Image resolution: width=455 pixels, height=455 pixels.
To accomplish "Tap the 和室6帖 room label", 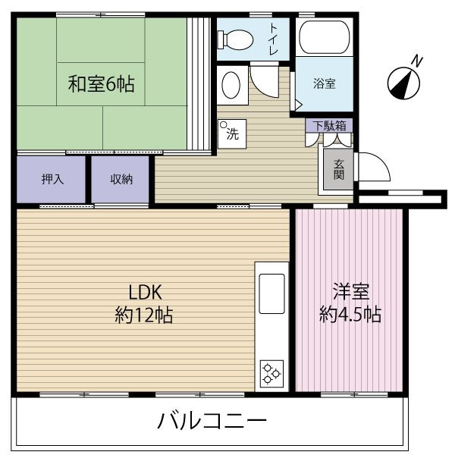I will (101, 83).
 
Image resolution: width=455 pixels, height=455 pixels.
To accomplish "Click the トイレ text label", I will (273, 38).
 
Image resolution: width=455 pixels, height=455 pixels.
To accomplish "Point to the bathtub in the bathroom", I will (323, 36).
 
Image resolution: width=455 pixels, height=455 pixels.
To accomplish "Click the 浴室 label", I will (324, 83).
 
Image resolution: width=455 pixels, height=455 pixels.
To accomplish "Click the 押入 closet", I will (52, 180).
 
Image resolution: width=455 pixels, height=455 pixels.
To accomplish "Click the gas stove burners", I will (271, 372).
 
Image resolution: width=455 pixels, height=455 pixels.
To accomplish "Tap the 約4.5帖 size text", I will (350, 314).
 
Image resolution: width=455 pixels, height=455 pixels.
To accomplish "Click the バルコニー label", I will (212, 420).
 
